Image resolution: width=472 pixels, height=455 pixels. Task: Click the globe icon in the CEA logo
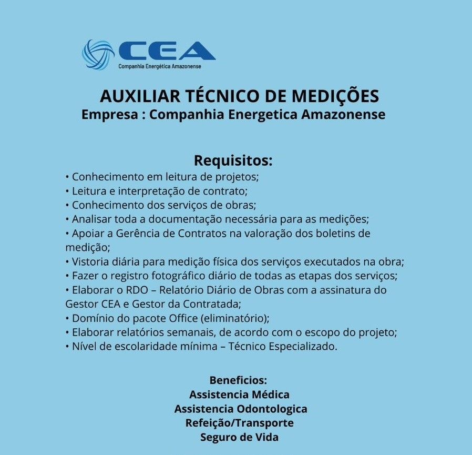pyautogui.click(x=98, y=55)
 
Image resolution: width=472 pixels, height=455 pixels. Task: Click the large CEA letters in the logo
pyautogui.click(x=167, y=50)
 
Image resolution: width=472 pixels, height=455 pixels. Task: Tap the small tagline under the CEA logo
pyautogui.click(x=160, y=66)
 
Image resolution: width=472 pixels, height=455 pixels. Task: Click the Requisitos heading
pyautogui.click(x=233, y=160)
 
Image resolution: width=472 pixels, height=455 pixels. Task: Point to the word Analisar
pyautogui.click(x=90, y=219)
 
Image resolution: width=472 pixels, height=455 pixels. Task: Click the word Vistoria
pyautogui.click(x=90, y=261)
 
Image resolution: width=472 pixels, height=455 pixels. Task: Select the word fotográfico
pyautogui.click(x=188, y=276)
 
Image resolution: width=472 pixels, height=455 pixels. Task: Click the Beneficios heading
pyautogui.click(x=239, y=380)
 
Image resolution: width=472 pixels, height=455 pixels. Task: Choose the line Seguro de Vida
pyautogui.click(x=239, y=437)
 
